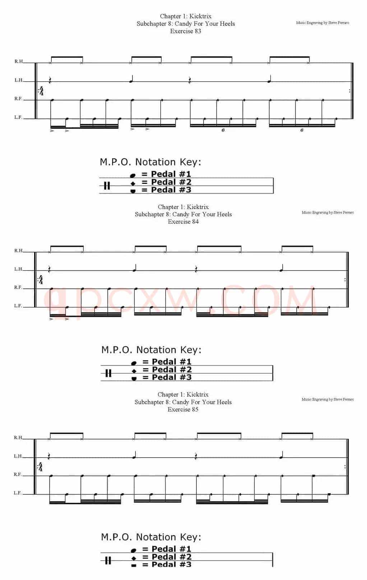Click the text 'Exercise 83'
tap(186, 31)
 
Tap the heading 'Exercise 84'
tap(183, 222)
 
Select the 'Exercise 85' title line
tap(183, 409)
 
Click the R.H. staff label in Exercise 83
tap(19, 61)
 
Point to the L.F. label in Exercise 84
tap(18, 306)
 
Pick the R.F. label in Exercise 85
tap(18, 475)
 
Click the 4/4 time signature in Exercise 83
tap(41, 91)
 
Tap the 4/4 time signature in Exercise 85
tap(40, 467)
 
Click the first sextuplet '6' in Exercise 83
tap(223, 130)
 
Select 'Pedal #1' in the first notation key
tap(171, 174)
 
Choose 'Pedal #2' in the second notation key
tap(172, 369)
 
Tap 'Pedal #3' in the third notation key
tap(171, 564)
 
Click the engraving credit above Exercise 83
tap(322, 23)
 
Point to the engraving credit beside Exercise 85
tap(327, 399)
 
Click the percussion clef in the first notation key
tap(107, 186)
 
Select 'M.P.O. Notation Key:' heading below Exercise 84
tap(152, 350)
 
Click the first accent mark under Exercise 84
tap(51, 319)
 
